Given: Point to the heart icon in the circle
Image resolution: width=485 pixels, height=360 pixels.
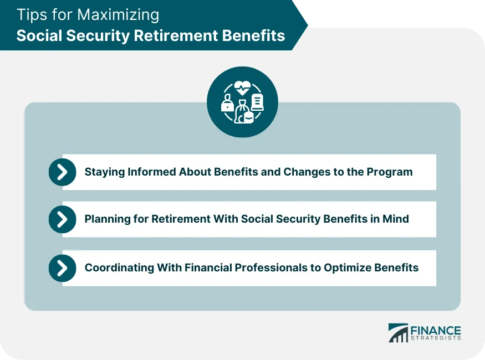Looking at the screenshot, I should coord(242,88).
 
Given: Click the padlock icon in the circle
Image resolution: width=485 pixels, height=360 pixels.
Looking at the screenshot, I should coord(227,104).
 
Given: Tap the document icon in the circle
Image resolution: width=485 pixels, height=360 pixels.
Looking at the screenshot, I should coord(257,101).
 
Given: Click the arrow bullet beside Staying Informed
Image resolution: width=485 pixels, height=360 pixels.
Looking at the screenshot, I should coord(63,172).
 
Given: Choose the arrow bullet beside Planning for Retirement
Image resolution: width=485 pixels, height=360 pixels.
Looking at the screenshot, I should coord(63,219).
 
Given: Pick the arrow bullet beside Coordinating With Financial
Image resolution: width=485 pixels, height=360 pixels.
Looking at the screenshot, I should coord(63,268).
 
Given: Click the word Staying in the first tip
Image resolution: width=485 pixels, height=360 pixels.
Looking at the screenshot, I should coord(104,172).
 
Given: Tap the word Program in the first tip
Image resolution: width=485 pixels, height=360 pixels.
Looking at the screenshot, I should coord(391,172).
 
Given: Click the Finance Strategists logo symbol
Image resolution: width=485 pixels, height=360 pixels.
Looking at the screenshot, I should coord(397,332).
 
